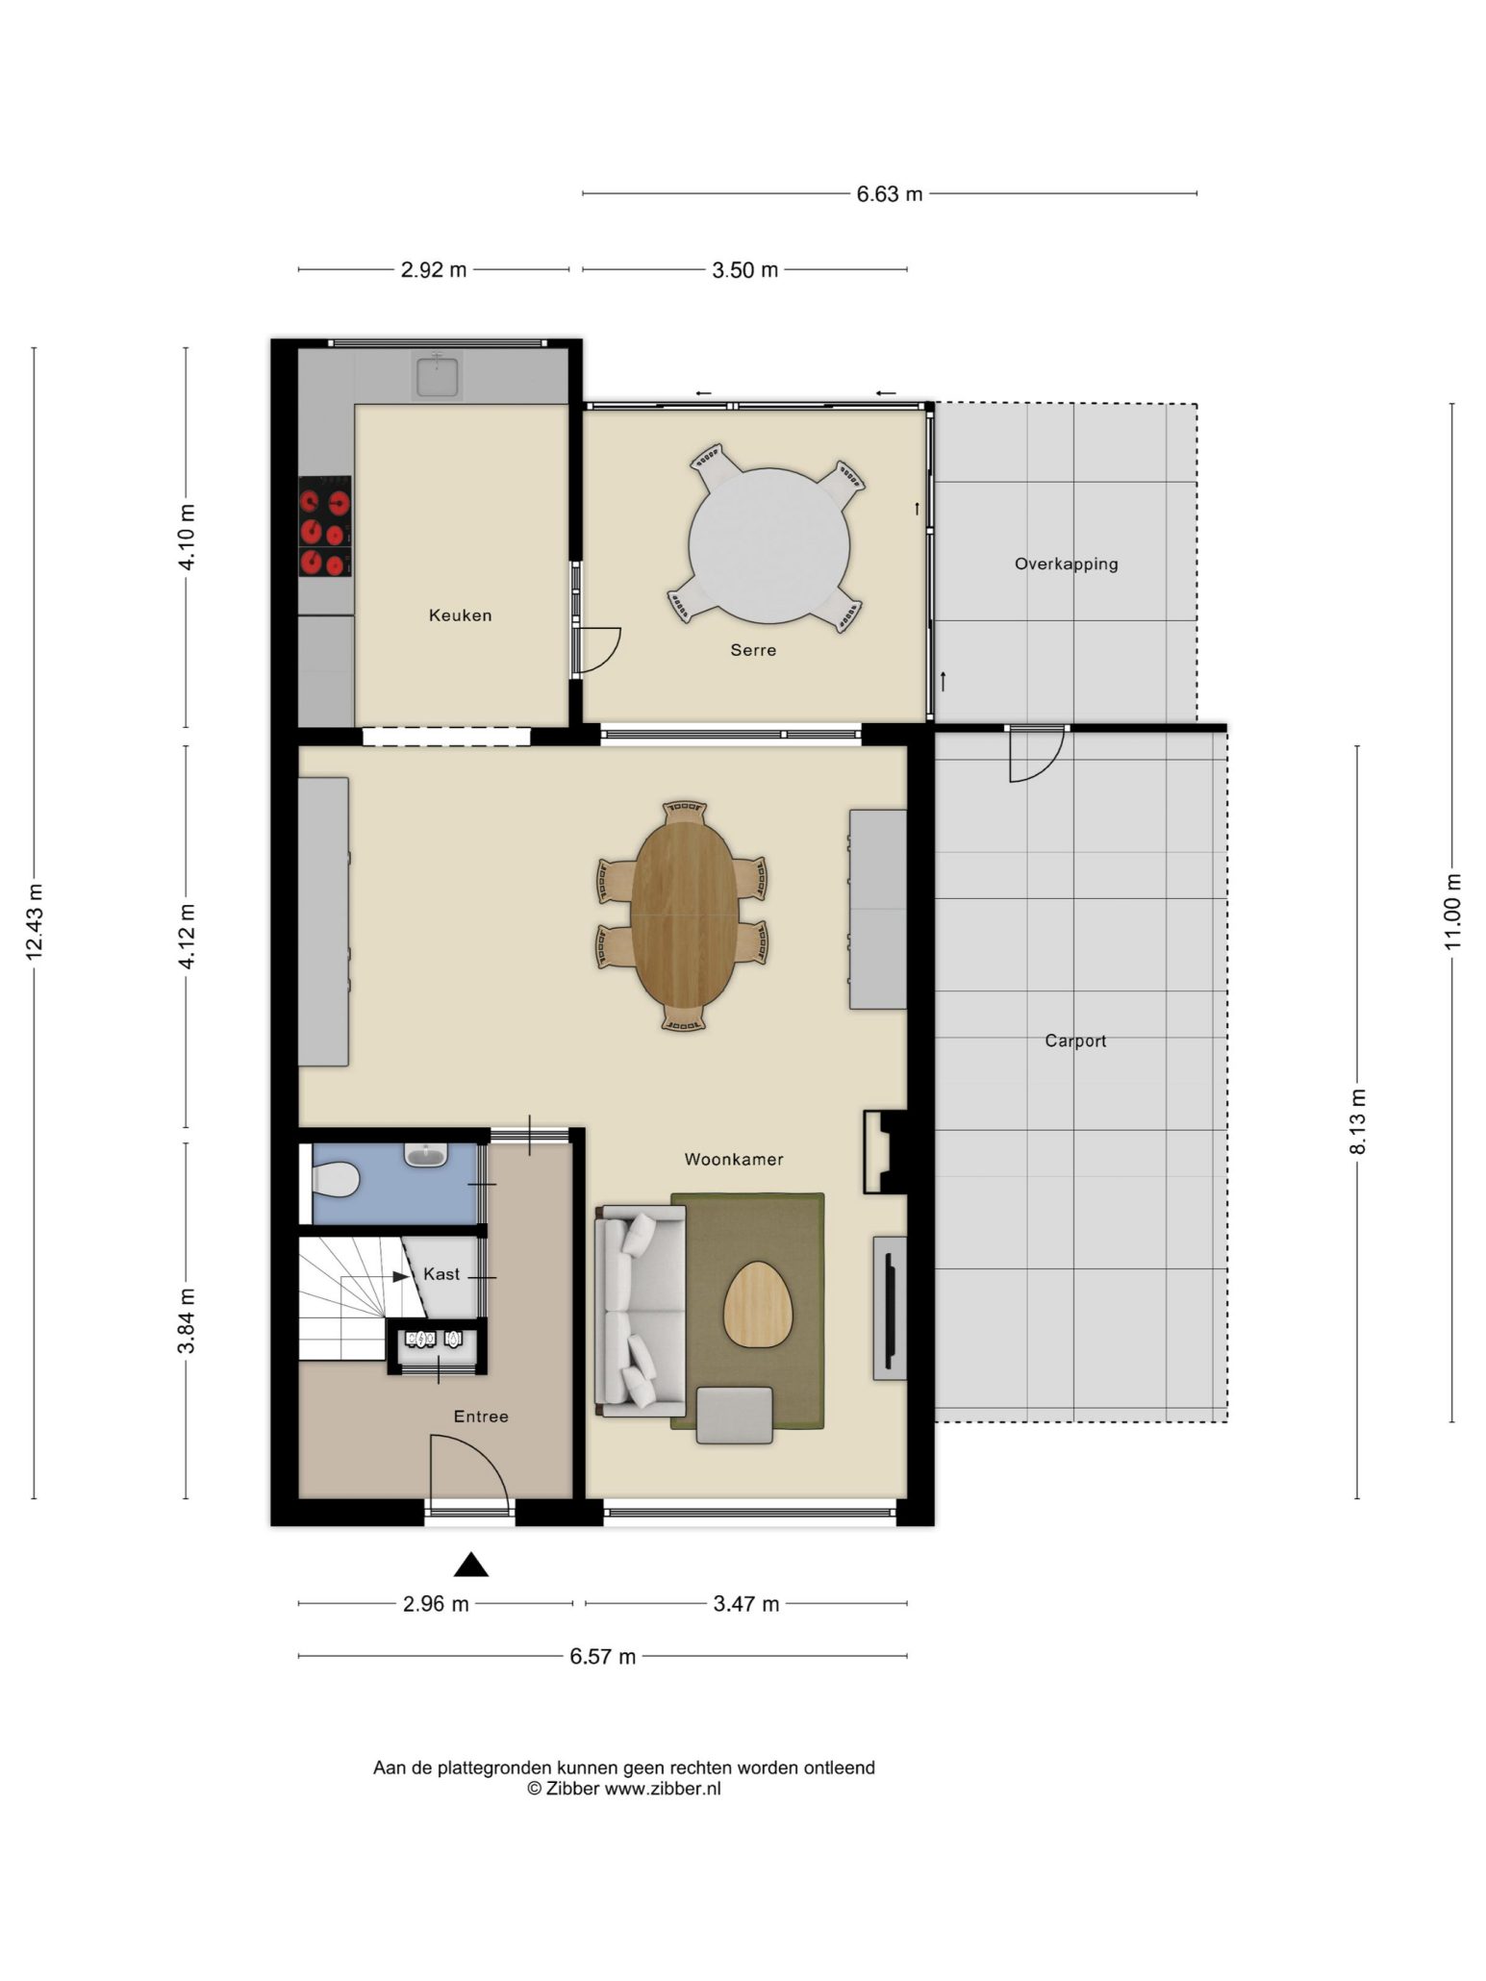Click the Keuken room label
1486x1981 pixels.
coord(460,615)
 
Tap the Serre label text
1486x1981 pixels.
coord(753,650)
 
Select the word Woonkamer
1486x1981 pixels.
coord(734,1160)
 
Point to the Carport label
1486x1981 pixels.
coord(1075,1041)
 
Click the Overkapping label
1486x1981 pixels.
coord(1066,564)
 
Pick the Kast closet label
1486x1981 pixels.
coord(441,1274)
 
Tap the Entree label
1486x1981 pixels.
coord(481,1417)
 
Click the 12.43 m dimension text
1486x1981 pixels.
coord(35,922)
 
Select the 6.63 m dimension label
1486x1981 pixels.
coord(890,194)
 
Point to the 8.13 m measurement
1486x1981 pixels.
coord(1357,1121)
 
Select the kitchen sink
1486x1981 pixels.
coord(438,375)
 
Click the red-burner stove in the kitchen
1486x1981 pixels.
coord(325,527)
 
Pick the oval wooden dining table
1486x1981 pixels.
coord(685,915)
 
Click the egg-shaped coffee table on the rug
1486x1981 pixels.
coord(759,1304)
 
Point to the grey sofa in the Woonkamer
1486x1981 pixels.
coord(641,1310)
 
